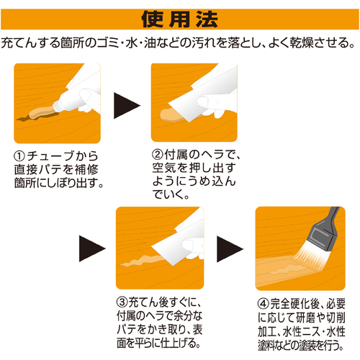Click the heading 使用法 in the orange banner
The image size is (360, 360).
(x=179, y=19)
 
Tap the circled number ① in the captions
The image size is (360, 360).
(x=19, y=156)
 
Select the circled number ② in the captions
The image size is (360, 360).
(x=158, y=154)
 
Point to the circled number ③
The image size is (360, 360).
(x=122, y=302)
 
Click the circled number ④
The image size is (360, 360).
(x=264, y=304)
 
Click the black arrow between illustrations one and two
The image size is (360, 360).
(x=127, y=106)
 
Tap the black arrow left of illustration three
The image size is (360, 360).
(x=92, y=248)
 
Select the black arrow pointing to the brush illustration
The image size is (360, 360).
(x=230, y=249)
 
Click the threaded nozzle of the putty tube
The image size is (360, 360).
(x=58, y=106)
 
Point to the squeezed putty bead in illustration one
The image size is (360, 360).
(x=41, y=113)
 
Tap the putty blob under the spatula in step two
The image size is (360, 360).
(x=171, y=115)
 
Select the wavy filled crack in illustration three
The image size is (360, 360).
(x=142, y=261)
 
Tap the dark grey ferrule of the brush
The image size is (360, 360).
(x=322, y=236)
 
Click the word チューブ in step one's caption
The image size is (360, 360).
(x=50, y=156)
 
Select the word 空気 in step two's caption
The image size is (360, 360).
(x=164, y=168)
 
